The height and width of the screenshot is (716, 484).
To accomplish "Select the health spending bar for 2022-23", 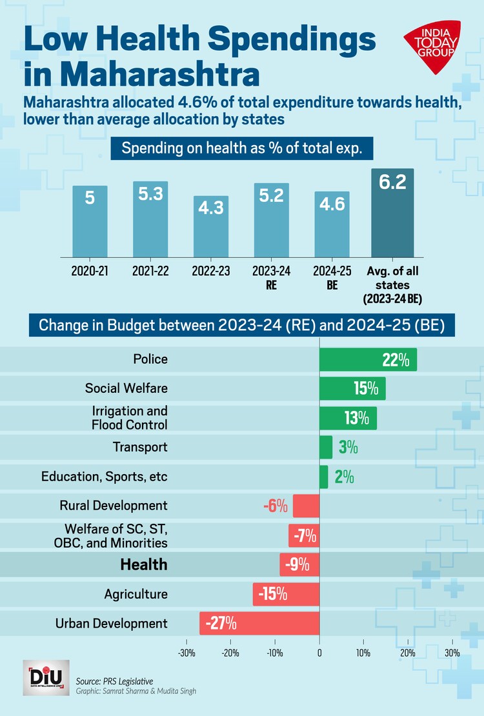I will pyautogui.click(x=211, y=226).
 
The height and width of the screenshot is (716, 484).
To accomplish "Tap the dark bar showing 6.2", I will pyautogui.click(x=392, y=213).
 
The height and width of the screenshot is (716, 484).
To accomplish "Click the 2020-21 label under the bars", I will pyautogui.click(x=90, y=272).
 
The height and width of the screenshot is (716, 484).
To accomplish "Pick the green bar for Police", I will pyautogui.click(x=368, y=360).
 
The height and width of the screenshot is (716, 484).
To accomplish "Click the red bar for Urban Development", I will pyautogui.click(x=259, y=624).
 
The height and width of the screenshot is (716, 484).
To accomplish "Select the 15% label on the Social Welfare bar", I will pyautogui.click(x=365, y=388).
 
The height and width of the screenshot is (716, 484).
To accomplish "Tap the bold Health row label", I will pyautogui.click(x=143, y=564).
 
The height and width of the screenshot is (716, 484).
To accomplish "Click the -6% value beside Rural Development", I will pyautogui.click(x=275, y=506).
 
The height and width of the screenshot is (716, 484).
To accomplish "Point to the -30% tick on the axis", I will pyautogui.click(x=187, y=653).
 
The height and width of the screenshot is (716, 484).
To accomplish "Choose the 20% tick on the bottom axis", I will pyautogui.click(x=408, y=653).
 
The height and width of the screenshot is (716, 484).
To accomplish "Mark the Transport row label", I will pyautogui.click(x=140, y=447).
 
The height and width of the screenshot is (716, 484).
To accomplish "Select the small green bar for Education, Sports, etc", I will pyautogui.click(x=324, y=477).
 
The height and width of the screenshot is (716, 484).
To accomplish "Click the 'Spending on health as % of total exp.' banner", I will pyautogui.click(x=241, y=148).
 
